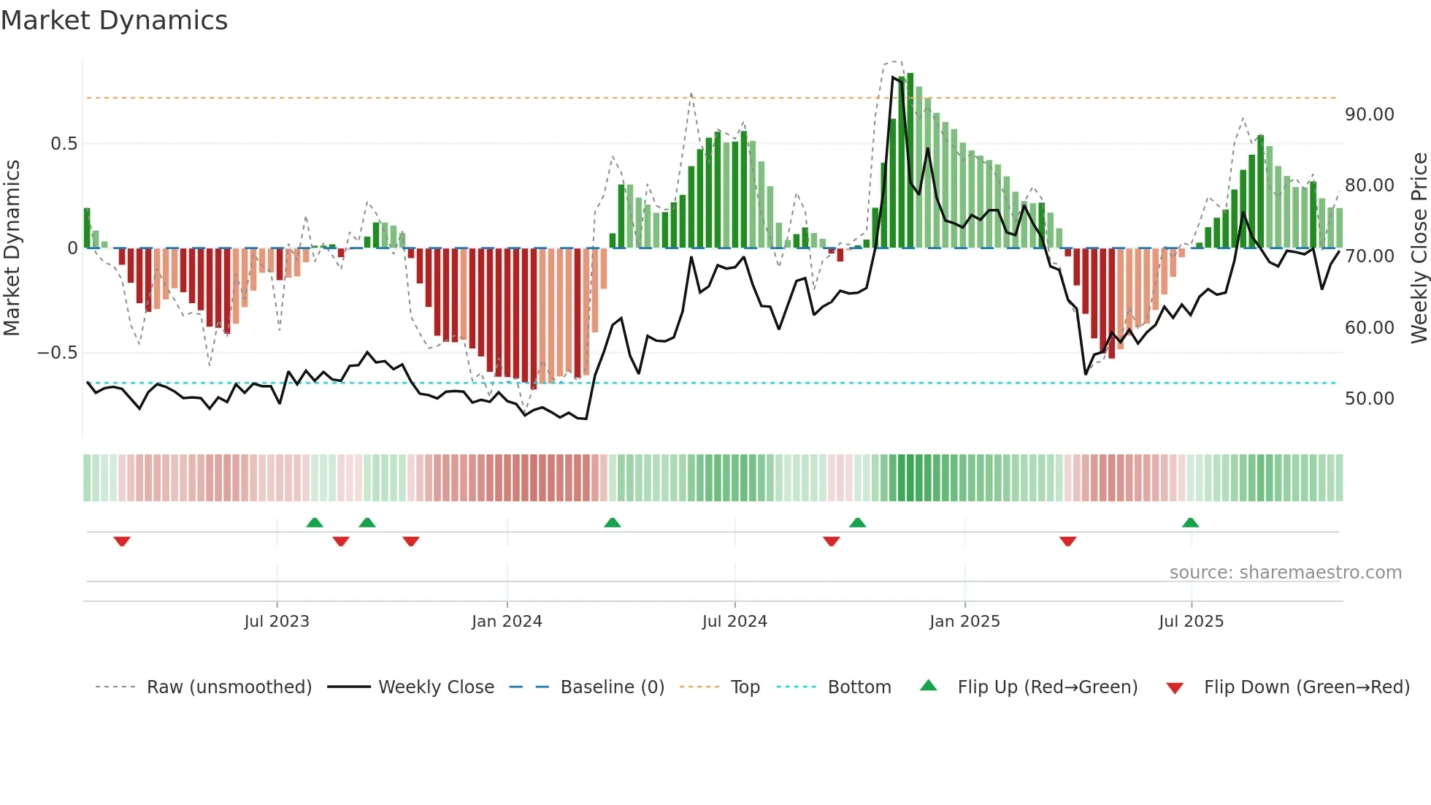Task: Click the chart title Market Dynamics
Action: [114, 20]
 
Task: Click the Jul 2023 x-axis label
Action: [277, 622]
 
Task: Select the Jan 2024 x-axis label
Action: [507, 622]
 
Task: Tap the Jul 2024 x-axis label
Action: [734, 622]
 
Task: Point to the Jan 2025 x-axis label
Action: [964, 622]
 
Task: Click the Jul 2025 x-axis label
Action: [1191, 622]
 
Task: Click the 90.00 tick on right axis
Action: [1369, 115]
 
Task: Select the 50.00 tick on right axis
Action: [1369, 399]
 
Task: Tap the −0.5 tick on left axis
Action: [57, 353]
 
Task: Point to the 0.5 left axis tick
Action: [64, 144]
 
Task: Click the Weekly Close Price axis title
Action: [1419, 248]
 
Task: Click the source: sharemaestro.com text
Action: [1285, 573]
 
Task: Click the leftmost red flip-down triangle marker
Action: [122, 541]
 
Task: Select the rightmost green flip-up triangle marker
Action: [1190, 522]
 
